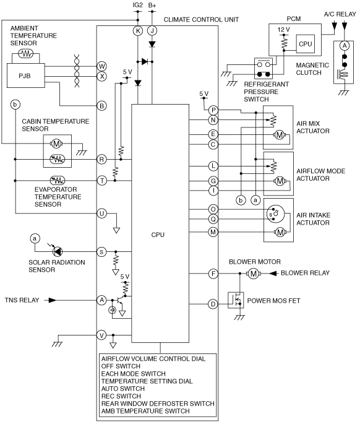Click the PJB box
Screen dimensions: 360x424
[x=26, y=76]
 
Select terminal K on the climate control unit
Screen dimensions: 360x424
[x=138, y=31]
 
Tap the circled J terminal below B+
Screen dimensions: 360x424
[x=152, y=31]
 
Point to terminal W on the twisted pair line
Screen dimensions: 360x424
[x=102, y=66]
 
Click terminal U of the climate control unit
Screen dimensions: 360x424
[x=102, y=214]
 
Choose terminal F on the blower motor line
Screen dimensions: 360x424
[x=213, y=274]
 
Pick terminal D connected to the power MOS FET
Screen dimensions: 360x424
[x=213, y=304]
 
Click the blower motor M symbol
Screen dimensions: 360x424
[x=253, y=274]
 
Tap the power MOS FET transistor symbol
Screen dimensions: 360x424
[x=236, y=300]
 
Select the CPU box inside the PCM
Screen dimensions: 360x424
[x=306, y=44]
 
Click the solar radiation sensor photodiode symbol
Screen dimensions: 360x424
[x=58, y=251]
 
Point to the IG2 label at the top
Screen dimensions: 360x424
[x=137, y=5]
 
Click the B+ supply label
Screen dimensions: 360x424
[x=152, y=5]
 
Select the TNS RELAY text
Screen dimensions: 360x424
[x=22, y=300]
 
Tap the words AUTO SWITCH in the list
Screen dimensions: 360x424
[x=123, y=389]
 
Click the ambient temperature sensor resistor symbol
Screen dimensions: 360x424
[x=26, y=53]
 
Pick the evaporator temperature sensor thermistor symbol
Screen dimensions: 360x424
[x=58, y=180]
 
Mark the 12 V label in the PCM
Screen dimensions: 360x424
[x=283, y=30]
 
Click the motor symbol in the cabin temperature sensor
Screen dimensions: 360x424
[x=56, y=144]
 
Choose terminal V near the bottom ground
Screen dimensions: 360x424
[x=102, y=335]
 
